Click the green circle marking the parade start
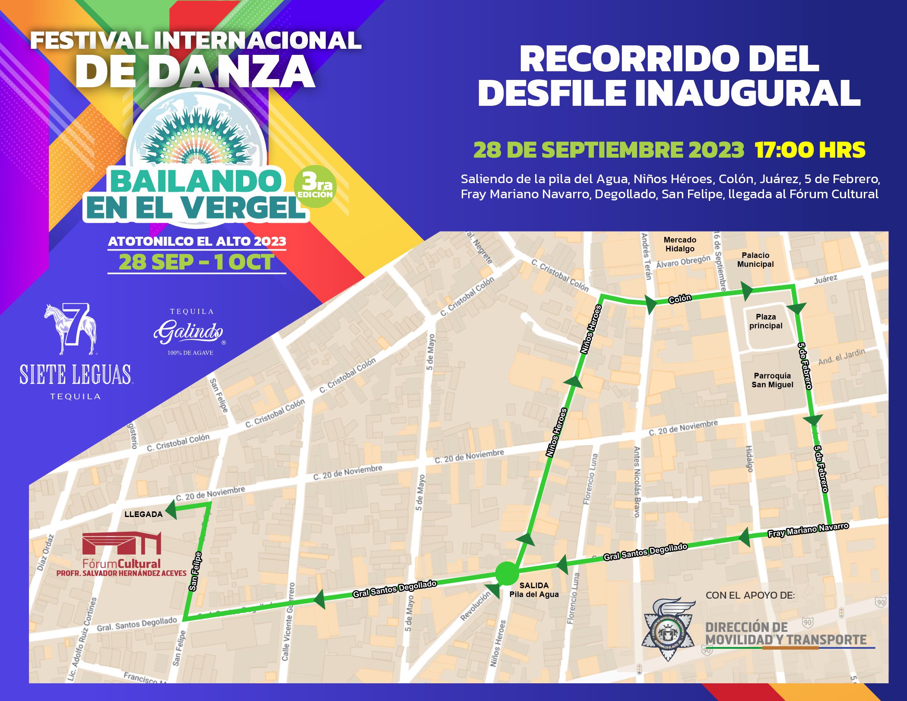pyautogui.click(x=507, y=573)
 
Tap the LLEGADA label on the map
pyautogui.click(x=143, y=514)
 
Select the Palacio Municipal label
pyautogui.click(x=755, y=260)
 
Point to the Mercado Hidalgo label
pyautogui.click(x=680, y=244)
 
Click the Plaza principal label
pyautogui.click(x=766, y=321)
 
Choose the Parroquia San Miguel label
pyautogui.click(x=772, y=380)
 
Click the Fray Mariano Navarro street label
pyautogui.click(x=808, y=530)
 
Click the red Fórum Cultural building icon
pyautogui.click(x=122, y=543)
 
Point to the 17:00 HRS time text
pyautogui.click(x=810, y=150)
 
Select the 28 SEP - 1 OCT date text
pyautogui.click(x=197, y=262)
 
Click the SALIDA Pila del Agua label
pyautogui.click(x=534, y=590)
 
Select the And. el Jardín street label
pyautogui.click(x=841, y=357)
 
